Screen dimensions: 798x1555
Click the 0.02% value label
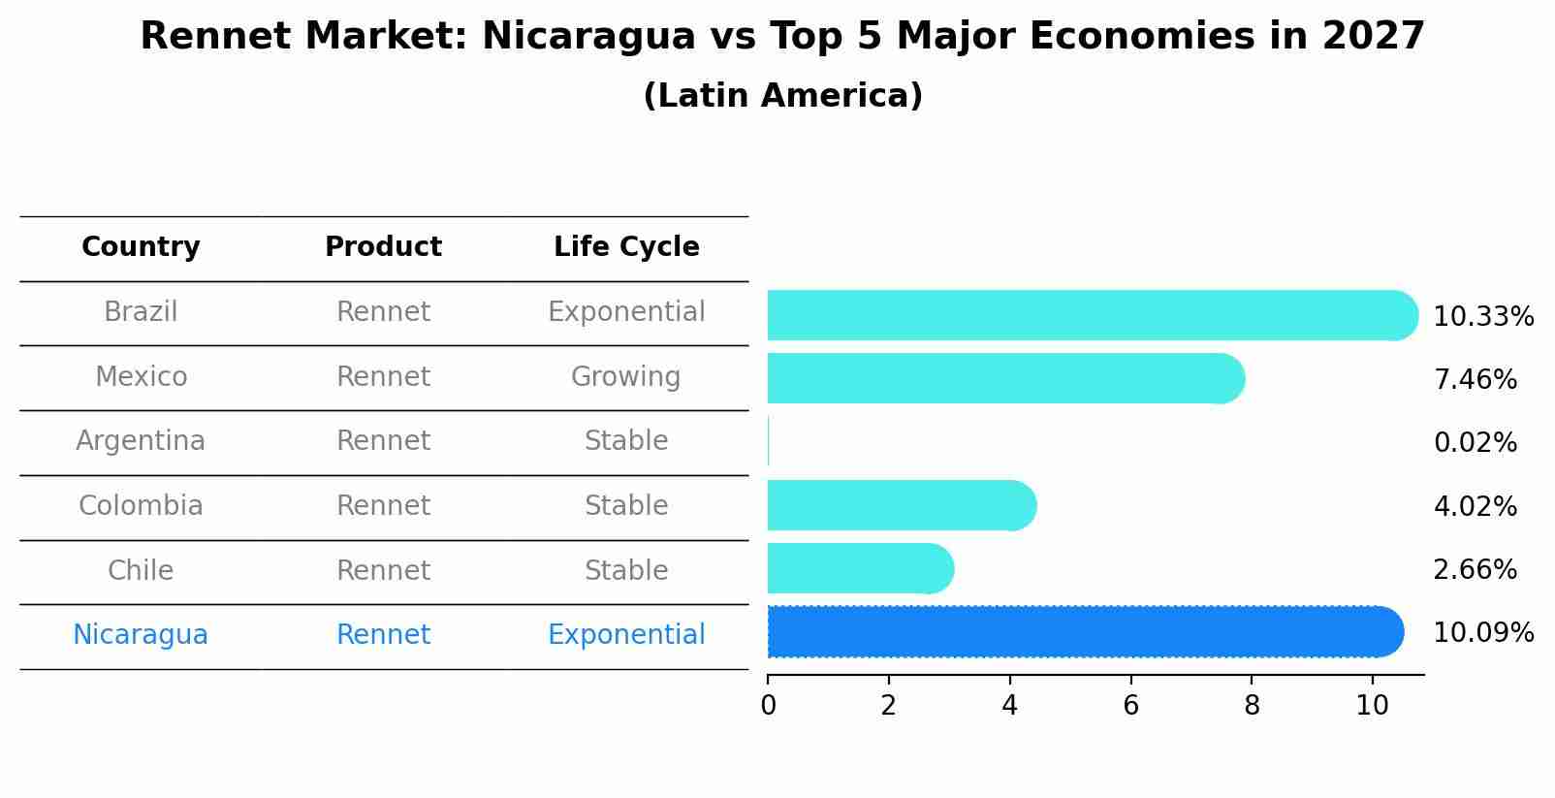(x=1475, y=443)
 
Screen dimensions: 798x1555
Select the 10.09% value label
(x=1482, y=633)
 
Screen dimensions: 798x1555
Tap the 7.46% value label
(x=1475, y=379)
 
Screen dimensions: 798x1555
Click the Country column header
(x=141, y=247)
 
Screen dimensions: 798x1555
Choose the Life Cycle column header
(x=626, y=247)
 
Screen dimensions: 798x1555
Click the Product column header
(x=383, y=247)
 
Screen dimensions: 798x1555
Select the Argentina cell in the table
(x=141, y=441)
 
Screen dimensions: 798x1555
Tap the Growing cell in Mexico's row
(x=625, y=376)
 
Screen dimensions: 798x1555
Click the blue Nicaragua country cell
(x=141, y=635)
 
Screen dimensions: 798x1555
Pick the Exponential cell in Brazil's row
(x=626, y=312)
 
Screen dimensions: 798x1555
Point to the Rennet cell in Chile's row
(x=383, y=570)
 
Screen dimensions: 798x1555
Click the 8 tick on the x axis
(x=1252, y=706)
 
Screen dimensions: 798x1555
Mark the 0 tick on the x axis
(x=768, y=706)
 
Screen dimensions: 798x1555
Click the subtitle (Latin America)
(x=782, y=96)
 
